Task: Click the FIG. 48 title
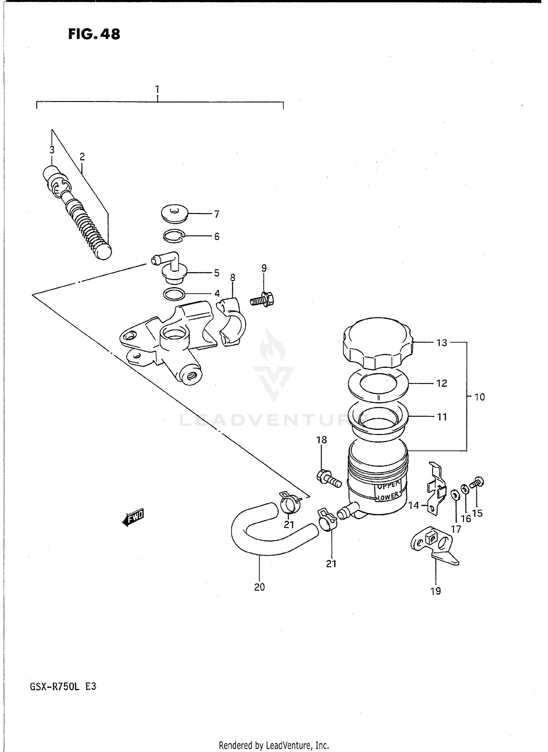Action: (94, 34)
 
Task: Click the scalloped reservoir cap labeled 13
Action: (377, 343)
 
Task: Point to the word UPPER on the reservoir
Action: (389, 486)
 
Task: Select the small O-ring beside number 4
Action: (174, 294)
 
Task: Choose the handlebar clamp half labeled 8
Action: (232, 321)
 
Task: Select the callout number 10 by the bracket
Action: (479, 397)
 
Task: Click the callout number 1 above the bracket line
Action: (157, 89)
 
